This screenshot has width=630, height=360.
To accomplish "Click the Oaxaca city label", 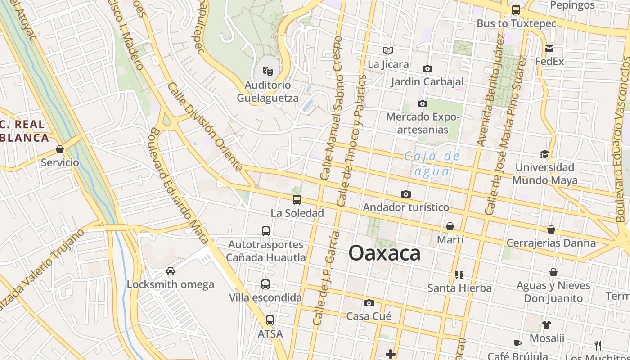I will click(x=385, y=253).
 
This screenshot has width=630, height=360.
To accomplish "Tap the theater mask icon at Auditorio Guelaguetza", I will click(x=268, y=71).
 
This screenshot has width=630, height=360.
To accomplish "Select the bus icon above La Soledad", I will click(x=297, y=199).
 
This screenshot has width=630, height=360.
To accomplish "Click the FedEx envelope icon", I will click(x=549, y=49).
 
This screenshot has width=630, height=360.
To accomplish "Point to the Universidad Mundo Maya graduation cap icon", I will click(x=544, y=154).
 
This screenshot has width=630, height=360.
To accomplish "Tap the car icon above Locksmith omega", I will click(x=171, y=271).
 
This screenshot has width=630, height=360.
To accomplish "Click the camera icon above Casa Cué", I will click(x=369, y=303).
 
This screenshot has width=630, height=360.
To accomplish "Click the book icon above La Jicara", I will click(x=388, y=51).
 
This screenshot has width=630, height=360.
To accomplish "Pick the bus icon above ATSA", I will click(x=270, y=320).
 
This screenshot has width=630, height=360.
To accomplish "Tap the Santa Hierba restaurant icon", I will click(x=459, y=274).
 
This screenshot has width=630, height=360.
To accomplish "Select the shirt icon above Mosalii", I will click(x=547, y=324).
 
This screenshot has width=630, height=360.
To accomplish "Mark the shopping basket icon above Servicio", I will click(x=60, y=149).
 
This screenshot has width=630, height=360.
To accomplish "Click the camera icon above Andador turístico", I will click(x=406, y=194).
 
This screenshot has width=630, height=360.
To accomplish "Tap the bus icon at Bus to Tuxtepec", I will click(x=516, y=10).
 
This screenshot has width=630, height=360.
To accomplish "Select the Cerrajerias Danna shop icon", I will click(x=551, y=229).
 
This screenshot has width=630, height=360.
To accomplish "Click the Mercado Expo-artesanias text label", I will click(x=423, y=123).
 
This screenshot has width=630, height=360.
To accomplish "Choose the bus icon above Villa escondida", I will click(x=265, y=284).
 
